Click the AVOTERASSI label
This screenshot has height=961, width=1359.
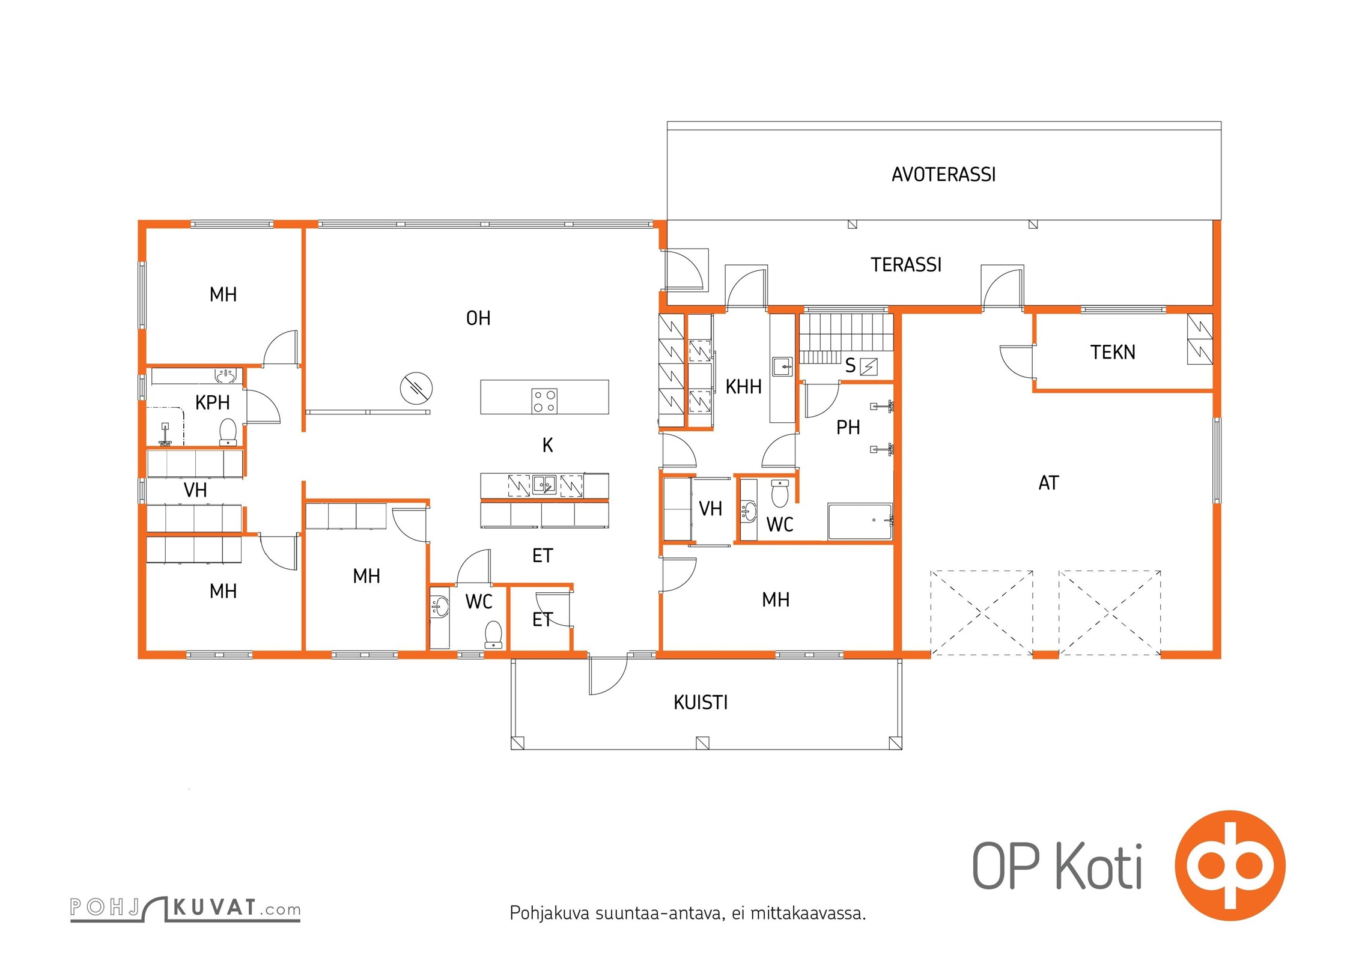click(x=943, y=175)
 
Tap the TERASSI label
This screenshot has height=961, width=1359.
click(x=906, y=265)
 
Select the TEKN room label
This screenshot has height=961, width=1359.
click(x=1113, y=352)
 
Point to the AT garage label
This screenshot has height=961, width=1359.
click(x=1048, y=483)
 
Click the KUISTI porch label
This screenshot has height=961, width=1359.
click(x=701, y=702)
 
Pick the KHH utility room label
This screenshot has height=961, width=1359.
click(x=743, y=387)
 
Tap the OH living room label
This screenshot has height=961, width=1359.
click(x=478, y=318)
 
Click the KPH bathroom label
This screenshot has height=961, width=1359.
click(x=212, y=402)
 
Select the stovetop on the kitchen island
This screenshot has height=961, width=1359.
click(x=544, y=401)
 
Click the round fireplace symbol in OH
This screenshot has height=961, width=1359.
click(x=416, y=388)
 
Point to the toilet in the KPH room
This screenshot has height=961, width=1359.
click(x=228, y=432)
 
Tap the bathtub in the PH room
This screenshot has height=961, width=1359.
click(x=860, y=522)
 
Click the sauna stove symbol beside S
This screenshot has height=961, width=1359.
click(x=869, y=366)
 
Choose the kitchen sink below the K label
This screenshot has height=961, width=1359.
click(x=545, y=485)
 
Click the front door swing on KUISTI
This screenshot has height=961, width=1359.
click(x=608, y=675)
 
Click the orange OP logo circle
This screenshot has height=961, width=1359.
click(x=1230, y=866)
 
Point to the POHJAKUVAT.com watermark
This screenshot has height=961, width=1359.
click(x=185, y=908)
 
